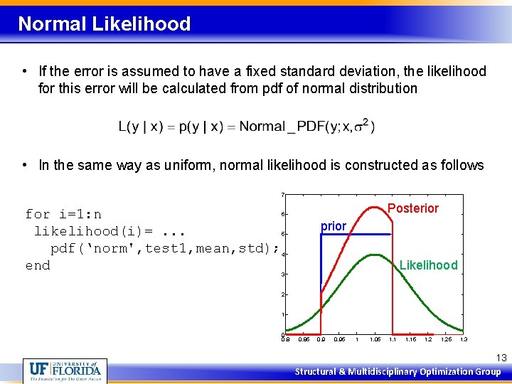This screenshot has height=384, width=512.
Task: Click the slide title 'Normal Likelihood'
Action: [105, 24]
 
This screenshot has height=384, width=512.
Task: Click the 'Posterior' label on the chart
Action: [413, 208]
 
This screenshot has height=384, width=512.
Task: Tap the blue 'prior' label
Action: [333, 226]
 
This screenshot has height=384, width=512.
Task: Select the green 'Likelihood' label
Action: [428, 265]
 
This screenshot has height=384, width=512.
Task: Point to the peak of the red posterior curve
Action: [373, 206]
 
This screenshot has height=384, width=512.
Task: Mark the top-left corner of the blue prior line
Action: [321, 235]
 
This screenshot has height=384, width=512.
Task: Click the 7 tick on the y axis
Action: [282, 194]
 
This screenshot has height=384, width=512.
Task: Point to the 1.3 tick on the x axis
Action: [464, 340]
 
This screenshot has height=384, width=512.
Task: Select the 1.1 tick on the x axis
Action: [392, 340]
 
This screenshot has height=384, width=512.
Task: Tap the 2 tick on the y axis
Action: [282, 294]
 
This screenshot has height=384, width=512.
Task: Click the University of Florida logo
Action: [65, 370]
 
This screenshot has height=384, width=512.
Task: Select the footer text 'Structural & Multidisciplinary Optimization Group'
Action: [398, 372]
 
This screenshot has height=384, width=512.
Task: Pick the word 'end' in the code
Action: [38, 265]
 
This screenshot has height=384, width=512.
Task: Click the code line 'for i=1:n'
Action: [63, 214]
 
